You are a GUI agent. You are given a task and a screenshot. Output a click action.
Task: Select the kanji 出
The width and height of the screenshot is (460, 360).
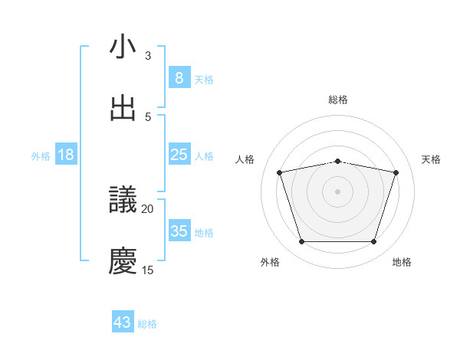123,108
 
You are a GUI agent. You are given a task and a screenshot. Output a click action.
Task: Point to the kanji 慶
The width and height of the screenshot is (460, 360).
123,260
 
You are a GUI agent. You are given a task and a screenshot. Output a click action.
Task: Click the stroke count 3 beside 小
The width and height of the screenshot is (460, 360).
148,56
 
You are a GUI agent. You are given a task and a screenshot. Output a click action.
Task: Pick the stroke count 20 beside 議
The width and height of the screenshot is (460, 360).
148,208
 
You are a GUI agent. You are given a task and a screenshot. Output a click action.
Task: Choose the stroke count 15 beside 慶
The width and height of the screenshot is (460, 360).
148,270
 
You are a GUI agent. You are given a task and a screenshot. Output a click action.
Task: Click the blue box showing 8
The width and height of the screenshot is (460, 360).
179,78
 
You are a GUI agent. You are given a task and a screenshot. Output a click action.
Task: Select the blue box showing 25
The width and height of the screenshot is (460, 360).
179,155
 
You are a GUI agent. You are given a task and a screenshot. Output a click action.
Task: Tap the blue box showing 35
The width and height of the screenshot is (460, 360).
179,231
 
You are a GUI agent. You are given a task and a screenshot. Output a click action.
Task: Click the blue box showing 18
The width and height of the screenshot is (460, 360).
66,155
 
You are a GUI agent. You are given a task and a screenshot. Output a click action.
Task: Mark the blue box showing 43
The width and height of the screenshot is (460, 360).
123,322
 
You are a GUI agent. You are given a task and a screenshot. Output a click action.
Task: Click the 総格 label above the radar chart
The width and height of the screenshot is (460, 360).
338,100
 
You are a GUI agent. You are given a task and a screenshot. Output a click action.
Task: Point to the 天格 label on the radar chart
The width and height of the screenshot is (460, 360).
432,159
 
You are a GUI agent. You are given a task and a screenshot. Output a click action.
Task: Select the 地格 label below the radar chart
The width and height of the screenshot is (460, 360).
402,262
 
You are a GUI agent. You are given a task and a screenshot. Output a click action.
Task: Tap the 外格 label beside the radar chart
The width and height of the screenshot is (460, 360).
270,262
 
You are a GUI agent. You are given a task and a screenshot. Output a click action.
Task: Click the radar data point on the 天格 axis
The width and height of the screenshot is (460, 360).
396,173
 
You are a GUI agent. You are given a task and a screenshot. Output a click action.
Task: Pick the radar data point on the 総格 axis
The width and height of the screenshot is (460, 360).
338,161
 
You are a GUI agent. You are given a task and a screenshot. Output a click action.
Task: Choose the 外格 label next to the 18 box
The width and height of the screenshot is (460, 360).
41,155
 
